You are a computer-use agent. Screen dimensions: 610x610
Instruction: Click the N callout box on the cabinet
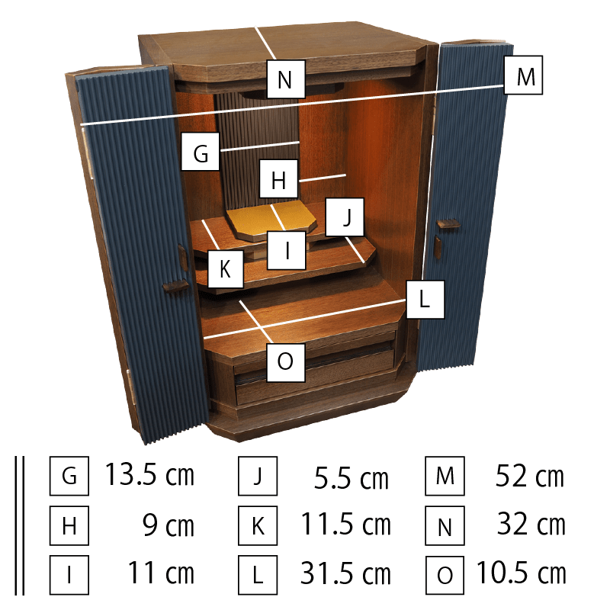(x=286, y=79)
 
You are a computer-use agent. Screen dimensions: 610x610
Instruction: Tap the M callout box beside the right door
(x=523, y=75)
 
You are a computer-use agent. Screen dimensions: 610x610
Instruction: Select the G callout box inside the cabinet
(x=201, y=151)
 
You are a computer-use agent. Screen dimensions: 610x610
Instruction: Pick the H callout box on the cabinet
(x=278, y=178)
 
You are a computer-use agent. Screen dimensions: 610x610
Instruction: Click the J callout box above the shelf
(x=345, y=217)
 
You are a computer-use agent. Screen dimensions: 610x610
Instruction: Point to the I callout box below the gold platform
(x=287, y=250)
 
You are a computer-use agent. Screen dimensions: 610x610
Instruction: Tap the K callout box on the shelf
(x=226, y=269)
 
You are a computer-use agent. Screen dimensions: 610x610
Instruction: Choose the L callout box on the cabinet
(x=425, y=300)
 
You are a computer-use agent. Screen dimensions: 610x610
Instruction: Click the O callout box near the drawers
(x=286, y=362)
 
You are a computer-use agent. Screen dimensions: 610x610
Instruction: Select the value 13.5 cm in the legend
(x=149, y=475)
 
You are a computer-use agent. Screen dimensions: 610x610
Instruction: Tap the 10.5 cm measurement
(x=522, y=573)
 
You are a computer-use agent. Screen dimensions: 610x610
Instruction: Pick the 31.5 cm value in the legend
(x=345, y=573)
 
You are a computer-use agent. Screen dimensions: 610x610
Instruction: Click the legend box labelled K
(x=258, y=525)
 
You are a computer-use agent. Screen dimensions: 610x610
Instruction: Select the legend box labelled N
(x=445, y=525)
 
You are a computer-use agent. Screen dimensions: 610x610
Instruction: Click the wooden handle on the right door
(x=448, y=223)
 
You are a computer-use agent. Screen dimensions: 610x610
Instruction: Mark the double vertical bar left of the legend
(x=20, y=525)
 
